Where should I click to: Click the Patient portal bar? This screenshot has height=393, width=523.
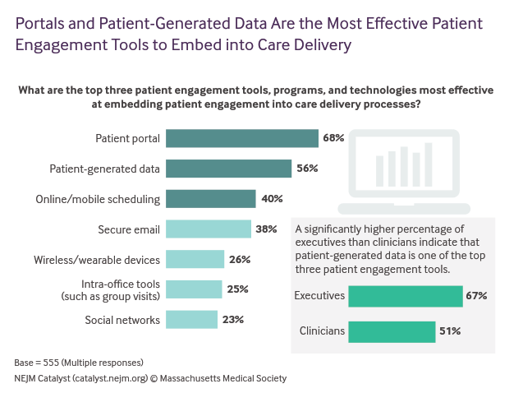[242, 138]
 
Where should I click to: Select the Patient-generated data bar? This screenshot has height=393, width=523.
[229, 169]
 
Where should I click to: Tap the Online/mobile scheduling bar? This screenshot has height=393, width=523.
[211, 199]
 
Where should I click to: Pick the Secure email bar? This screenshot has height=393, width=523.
[209, 229]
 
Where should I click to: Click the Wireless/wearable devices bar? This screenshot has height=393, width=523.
[195, 260]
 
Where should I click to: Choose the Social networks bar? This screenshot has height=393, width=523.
[192, 320]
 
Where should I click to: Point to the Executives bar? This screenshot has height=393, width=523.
[406, 296]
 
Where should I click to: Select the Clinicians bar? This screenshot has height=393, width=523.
[392, 331]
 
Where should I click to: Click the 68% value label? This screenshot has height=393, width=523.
[333, 138]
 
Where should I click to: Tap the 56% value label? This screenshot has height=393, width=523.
[307, 169]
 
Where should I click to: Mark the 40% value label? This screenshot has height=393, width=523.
[272, 199]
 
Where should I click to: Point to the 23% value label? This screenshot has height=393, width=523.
[233, 320]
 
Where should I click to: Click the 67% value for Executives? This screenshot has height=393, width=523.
[477, 296]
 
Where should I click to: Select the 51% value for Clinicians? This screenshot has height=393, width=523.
[449, 331]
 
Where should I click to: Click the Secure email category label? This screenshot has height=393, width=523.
[128, 229]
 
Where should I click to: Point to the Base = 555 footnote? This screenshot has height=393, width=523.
[67, 363]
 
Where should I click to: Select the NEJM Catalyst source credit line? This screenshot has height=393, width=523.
[150, 378]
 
